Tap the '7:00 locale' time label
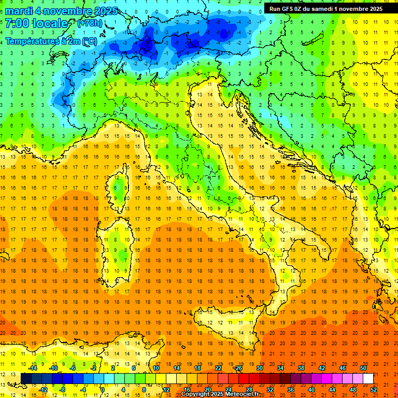point(37,23)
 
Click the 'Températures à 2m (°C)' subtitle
point(51,40)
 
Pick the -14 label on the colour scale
point(33,368)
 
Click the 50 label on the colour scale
point(363,368)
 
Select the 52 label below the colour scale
point(374,389)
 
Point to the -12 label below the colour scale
point(43,389)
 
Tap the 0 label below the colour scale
point(103,389)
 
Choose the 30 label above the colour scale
point(259,368)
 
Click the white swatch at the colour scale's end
point(368,378)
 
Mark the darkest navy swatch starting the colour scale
point(26,378)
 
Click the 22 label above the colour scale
point(218,368)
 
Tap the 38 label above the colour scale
point(301,368)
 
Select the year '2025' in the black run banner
point(376,8)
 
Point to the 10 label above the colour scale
point(155,368)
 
